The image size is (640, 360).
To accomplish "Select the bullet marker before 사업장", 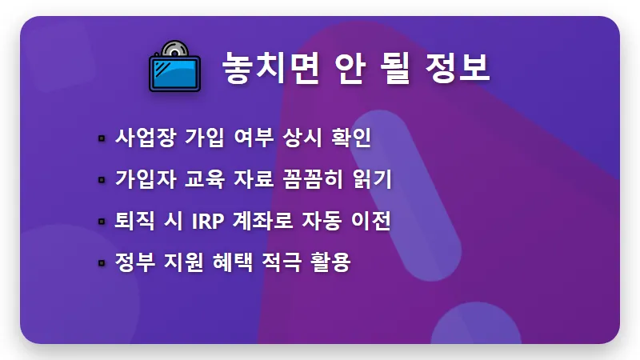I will tap(101, 138).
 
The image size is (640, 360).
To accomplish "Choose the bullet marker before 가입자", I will tap(101, 179).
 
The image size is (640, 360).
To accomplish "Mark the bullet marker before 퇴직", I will tap(101, 221).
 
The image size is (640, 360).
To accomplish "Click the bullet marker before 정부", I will tap(101, 262).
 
